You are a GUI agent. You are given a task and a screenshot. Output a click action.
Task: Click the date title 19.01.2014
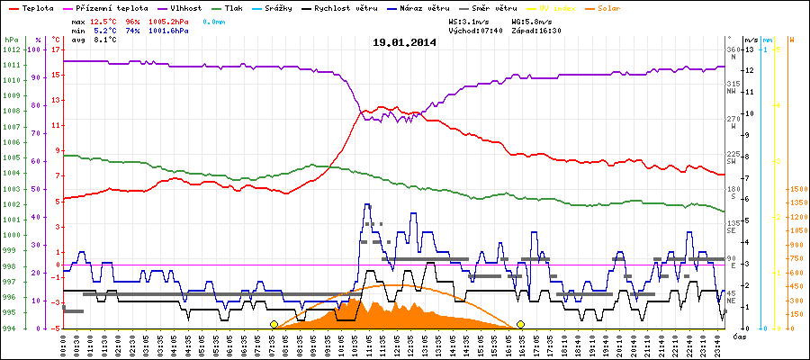pos(404,42)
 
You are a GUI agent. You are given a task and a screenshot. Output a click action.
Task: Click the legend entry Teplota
pos(32,7)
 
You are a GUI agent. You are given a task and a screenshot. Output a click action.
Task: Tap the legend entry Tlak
pos(233,7)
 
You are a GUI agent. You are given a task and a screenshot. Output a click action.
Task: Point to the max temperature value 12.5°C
pos(106,20)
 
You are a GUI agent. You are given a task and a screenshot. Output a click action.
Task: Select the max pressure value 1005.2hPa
pos(171,20)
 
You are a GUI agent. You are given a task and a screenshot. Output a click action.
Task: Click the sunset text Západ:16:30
pos(536,30)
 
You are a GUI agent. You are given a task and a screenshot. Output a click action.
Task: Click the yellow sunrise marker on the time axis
pos(274,324)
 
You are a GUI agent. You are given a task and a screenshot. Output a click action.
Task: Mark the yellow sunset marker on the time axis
pos(520,324)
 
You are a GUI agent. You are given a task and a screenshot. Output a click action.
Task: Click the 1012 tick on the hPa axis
pos(11,49)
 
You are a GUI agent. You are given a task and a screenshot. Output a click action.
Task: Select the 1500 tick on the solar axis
pos(797,190)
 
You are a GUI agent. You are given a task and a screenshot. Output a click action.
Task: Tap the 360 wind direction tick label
pos(732,49)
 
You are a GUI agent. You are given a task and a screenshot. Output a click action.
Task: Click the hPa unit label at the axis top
pos(11,40)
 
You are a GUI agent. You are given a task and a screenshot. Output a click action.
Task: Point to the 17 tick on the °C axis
pos(55,49)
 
